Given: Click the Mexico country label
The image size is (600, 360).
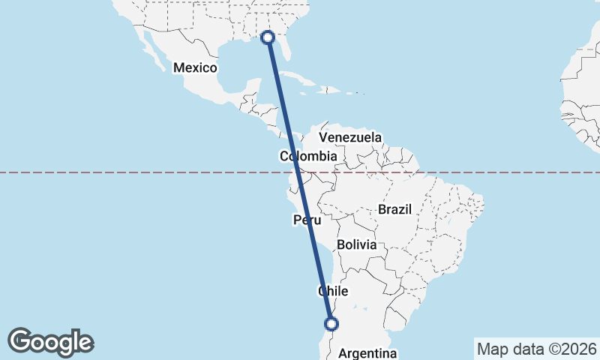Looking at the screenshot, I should coord(195,68).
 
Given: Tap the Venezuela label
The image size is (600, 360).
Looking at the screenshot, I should coord(350,138).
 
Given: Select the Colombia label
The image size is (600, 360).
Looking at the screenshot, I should coord(308,157).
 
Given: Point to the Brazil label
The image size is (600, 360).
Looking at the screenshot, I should coord(395,210).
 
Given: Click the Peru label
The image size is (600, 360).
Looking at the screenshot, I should coord(307,220).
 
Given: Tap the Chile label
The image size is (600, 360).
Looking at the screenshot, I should coord(334,291).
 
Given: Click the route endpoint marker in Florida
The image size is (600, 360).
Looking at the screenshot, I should coord(268,37).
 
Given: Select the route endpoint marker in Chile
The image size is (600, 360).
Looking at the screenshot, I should coord(331,324).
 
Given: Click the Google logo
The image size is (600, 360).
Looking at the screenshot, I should coord(50,342).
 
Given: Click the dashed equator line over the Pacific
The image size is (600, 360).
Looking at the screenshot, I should coord(112,172).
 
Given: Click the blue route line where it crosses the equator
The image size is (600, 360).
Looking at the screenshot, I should coord(297,172).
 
